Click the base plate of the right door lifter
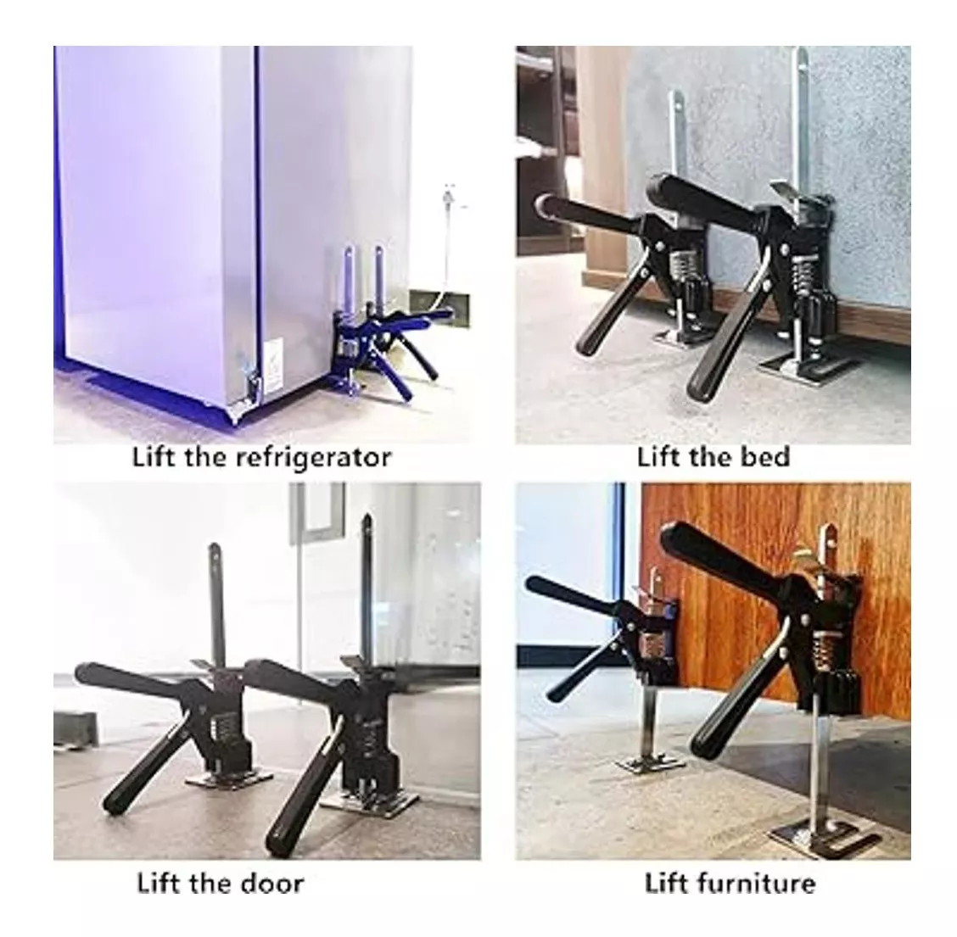(370, 804)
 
